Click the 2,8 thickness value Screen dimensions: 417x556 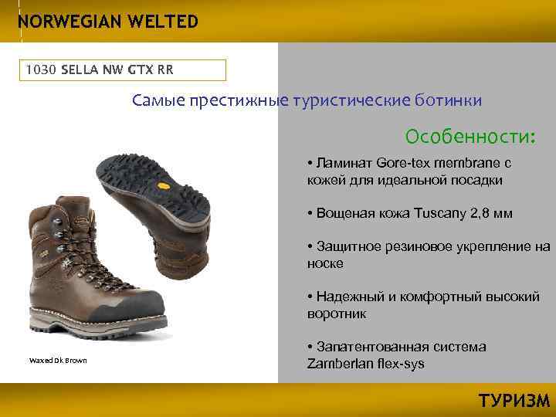[x=480, y=213]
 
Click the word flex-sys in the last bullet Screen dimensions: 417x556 [x=399, y=364]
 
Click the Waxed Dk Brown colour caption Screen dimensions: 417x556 [x=58, y=361]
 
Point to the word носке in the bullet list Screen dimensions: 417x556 [x=325, y=263]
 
